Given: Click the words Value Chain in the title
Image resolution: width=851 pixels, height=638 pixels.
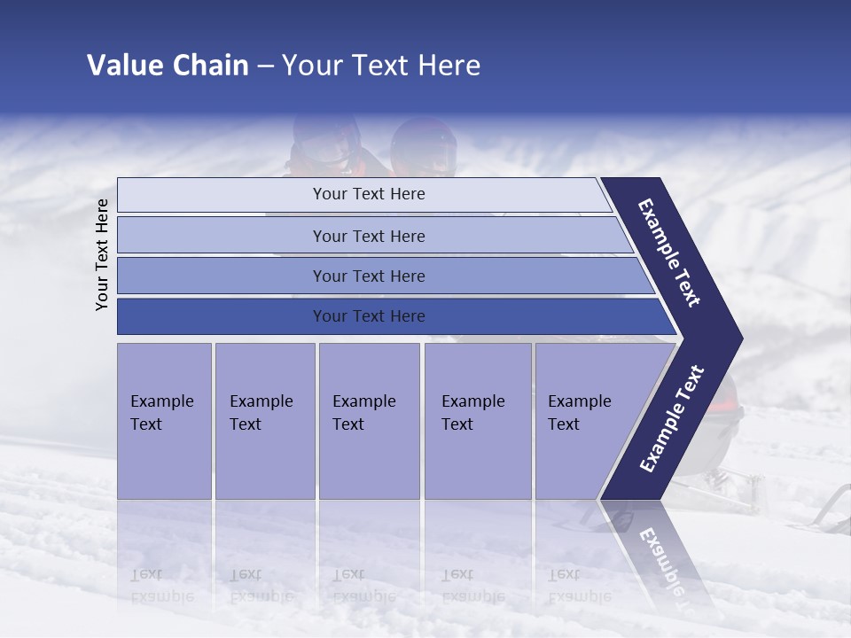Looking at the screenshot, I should click(168, 66).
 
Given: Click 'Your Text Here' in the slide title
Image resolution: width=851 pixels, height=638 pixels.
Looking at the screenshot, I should click(381, 66).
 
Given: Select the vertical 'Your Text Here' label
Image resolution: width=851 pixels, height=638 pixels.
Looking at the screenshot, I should click(102, 254).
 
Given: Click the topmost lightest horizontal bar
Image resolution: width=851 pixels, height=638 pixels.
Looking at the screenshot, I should click(369, 194).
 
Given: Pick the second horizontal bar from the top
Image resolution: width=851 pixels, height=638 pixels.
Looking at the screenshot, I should click(369, 236).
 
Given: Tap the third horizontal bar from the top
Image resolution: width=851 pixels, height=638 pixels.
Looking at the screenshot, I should click(369, 276).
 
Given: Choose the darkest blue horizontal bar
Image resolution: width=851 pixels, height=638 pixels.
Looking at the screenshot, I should click(369, 316).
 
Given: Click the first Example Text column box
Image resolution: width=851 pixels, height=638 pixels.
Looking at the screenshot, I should click(164, 421).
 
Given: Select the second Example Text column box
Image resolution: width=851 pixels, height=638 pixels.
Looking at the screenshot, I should click(264, 421).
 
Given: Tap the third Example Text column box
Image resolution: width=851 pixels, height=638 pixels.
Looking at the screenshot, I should click(369, 421).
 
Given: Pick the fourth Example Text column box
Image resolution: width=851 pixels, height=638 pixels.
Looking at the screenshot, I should click(477, 421).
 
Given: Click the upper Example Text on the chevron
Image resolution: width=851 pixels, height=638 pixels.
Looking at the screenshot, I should click(670, 253).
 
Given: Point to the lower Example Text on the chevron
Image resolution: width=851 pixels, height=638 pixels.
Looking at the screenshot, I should click(672, 418).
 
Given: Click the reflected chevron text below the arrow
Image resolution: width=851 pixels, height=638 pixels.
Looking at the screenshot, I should click(660, 554).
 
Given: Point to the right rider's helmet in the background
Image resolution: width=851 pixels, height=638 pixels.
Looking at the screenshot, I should click(423, 146).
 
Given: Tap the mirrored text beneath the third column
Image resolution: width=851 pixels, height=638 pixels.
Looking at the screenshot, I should click(363, 586).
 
